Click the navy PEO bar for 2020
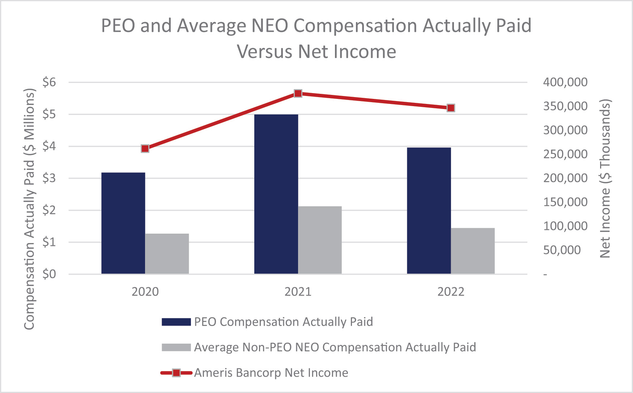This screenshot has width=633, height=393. pos(123,223)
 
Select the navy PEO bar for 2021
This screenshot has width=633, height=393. pos(276,194)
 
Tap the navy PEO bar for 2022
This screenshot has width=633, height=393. pos(429,211)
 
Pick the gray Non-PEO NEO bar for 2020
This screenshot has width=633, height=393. pos(167,254)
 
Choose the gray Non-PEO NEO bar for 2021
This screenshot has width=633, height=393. pos(320,240)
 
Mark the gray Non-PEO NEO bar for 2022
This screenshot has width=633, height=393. pos(473,251)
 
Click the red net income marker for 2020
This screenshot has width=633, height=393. pos(145,149)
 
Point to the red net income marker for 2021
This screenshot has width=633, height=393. pos(298,93)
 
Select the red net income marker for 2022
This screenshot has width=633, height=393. pos(451,108)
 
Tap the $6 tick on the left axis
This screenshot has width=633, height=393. pos(50,82)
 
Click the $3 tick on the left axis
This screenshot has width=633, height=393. pos(50,178)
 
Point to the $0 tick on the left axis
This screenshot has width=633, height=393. pos(50,274)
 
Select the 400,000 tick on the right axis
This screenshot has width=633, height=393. pos(565,82)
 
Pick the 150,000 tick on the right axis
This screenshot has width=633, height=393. pos(565,202)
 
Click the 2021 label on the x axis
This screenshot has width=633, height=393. pos(298,292)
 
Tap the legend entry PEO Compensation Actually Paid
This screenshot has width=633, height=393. pos(267,322)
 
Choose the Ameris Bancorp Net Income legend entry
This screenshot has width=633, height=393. pos(255,373)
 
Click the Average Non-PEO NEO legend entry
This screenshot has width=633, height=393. pos(319,347)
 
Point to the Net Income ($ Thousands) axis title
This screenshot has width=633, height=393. pos(605,178)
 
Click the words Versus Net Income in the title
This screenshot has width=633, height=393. pos(316,51)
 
